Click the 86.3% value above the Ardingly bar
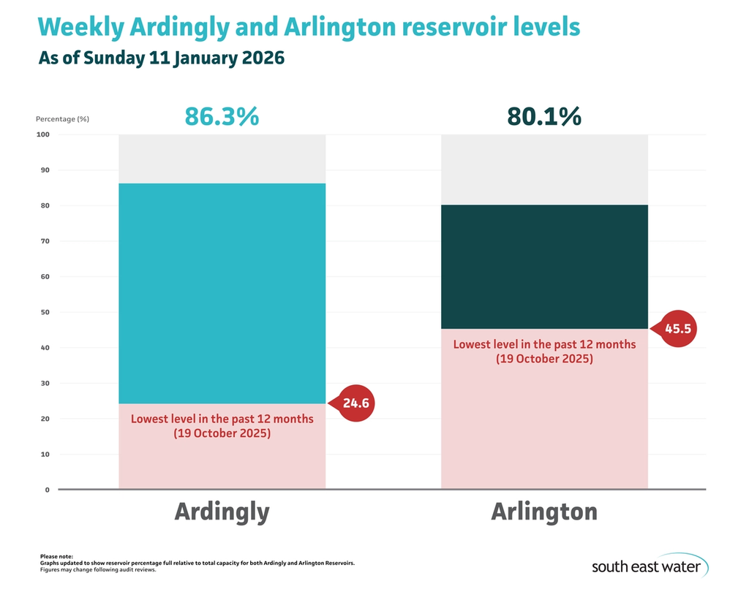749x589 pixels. tap(222, 116)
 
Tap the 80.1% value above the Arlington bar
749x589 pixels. tap(544, 116)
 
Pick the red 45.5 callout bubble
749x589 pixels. tap(677, 329)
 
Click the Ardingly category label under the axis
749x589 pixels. tap(222, 512)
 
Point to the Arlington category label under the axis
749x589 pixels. tap(544, 512)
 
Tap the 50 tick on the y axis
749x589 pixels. tap(45, 312)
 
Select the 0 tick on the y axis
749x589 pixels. tap(47, 490)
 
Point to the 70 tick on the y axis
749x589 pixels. tap(45, 241)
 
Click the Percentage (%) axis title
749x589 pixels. tap(62, 118)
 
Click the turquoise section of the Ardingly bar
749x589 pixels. tap(222, 292)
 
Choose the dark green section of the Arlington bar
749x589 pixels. tap(544, 267)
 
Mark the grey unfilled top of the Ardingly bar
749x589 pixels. tap(222, 159)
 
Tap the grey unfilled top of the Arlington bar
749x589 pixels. tap(544, 170)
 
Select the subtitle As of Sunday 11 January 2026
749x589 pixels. tap(161, 58)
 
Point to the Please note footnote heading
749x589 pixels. tap(56, 557)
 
